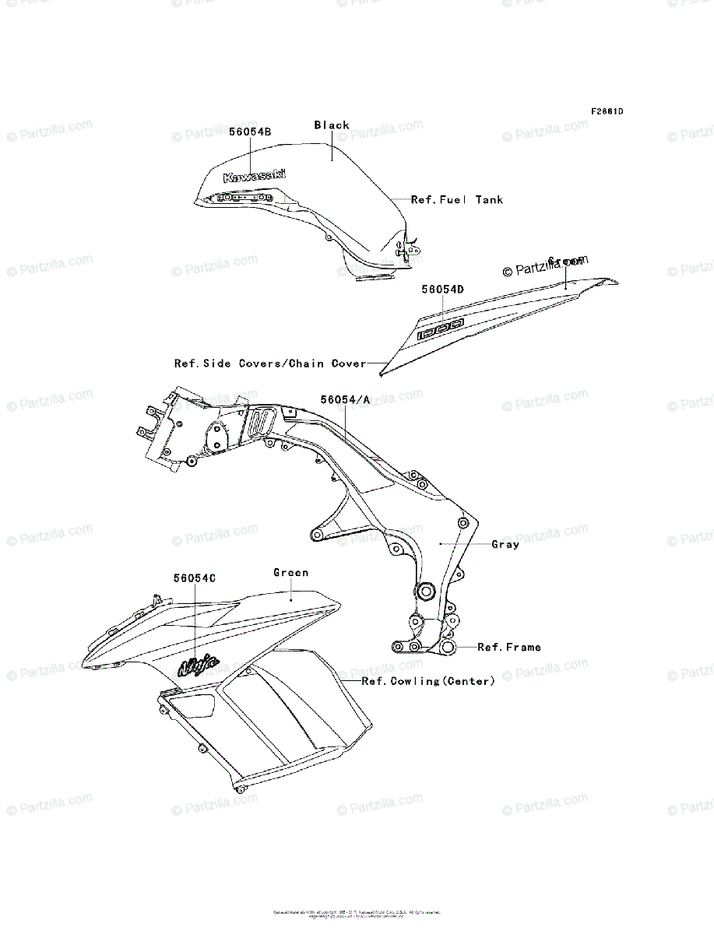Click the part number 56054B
click(x=250, y=132)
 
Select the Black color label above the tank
click(x=332, y=125)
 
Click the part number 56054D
click(x=443, y=289)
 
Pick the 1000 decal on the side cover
click(x=441, y=328)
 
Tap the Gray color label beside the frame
click(x=505, y=544)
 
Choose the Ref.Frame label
click(x=509, y=647)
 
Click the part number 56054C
click(x=195, y=578)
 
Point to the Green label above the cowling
click(x=291, y=573)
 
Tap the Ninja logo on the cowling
click(x=199, y=664)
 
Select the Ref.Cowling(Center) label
click(x=428, y=681)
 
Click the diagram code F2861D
click(x=607, y=111)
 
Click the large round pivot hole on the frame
click(x=426, y=592)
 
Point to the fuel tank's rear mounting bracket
click(x=407, y=249)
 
